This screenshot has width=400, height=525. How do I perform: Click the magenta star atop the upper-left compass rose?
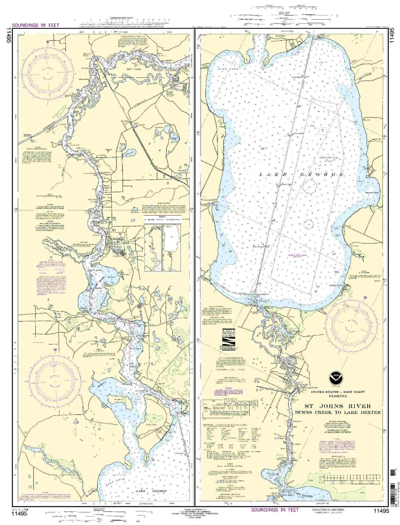click(x=48, y=42)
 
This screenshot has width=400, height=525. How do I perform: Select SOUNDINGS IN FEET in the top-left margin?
click(x=35, y=25)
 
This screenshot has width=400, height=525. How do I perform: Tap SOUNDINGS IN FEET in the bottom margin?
click(x=275, y=510)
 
